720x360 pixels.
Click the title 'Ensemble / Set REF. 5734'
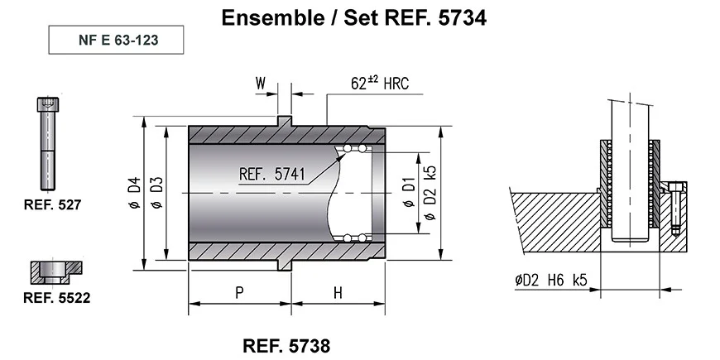pyautogui.click(x=359, y=17)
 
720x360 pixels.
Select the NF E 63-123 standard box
pyautogui.click(x=114, y=40)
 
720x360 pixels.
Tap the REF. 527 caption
pyautogui.click(x=51, y=203)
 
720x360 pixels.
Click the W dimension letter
pyautogui.click(x=261, y=83)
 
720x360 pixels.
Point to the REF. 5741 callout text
pyautogui.click(x=272, y=175)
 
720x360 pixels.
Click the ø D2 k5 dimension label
pyautogui.click(x=429, y=192)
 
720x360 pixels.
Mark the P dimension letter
pyautogui.click(x=238, y=292)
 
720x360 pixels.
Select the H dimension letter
pyautogui.click(x=338, y=292)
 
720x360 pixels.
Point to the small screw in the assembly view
pyautogui.click(x=676, y=207)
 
